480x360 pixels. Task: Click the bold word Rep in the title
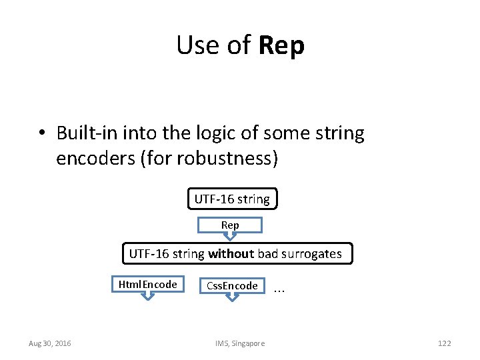click(x=281, y=46)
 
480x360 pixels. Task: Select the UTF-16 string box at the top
click(x=232, y=199)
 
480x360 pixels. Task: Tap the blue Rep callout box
click(x=230, y=225)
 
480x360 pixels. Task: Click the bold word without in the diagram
click(x=231, y=253)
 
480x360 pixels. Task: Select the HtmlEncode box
click(x=147, y=285)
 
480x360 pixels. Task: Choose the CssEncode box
click(x=232, y=285)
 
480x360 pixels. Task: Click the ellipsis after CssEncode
click(x=279, y=289)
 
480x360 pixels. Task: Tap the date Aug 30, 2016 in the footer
click(x=50, y=343)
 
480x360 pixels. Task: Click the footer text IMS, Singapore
click(x=240, y=343)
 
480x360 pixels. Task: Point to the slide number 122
click(x=444, y=343)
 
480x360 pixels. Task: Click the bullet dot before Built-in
click(x=42, y=133)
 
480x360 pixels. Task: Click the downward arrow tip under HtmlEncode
click(x=147, y=297)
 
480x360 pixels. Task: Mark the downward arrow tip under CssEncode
click(x=232, y=298)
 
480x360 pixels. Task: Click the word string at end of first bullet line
click(x=341, y=133)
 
